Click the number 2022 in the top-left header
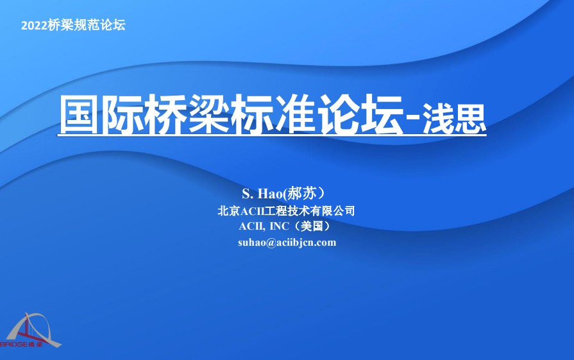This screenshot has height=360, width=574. [33, 26]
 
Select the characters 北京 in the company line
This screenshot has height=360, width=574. [228, 210]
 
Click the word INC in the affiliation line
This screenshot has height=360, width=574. [279, 226]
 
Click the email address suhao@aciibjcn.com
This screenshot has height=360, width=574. [287, 242]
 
